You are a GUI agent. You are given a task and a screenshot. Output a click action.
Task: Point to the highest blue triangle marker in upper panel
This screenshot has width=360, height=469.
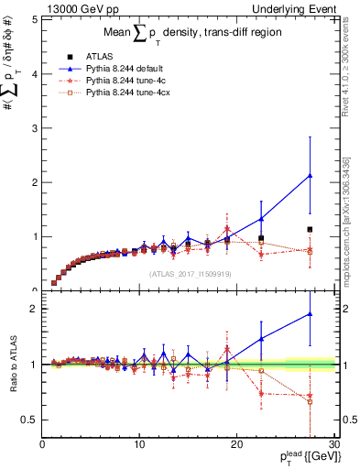(310, 175)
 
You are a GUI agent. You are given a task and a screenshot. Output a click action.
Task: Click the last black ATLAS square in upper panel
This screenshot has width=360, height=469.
(310, 229)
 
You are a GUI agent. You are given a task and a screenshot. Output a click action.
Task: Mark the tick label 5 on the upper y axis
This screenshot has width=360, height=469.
(33, 18)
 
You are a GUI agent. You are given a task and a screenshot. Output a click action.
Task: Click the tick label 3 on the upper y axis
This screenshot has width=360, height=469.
(33, 127)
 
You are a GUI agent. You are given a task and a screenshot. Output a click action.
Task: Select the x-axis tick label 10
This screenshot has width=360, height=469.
(139, 445)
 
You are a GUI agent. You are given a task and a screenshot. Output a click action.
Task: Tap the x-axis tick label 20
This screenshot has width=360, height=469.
(236, 445)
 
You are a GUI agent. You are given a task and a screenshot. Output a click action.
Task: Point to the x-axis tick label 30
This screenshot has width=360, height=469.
(333, 445)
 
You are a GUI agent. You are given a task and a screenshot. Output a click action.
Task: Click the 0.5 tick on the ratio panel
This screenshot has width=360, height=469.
(28, 420)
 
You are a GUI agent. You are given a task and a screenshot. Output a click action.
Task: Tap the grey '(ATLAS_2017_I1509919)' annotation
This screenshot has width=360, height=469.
(188, 274)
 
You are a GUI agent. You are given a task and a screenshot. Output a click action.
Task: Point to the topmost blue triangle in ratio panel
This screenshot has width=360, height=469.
(310, 314)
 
